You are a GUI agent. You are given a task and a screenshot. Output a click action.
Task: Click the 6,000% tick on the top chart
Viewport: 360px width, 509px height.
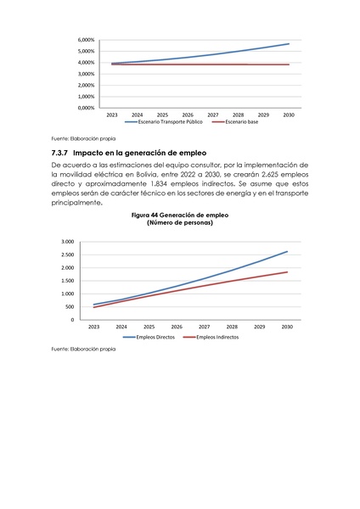tap(85, 40)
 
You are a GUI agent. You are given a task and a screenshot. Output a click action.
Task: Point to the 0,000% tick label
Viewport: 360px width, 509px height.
tap(85, 108)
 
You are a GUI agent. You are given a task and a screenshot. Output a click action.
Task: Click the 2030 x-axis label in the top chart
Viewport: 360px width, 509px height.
tap(288, 115)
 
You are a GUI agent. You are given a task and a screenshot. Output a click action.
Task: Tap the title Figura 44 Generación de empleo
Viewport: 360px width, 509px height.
tap(180, 215)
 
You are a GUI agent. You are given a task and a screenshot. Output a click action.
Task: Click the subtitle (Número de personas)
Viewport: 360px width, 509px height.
tap(180, 223)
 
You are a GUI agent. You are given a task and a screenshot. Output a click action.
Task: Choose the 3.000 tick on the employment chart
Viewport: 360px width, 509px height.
tap(67, 242)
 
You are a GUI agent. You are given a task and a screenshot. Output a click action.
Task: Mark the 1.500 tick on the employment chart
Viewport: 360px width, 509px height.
tap(67, 281)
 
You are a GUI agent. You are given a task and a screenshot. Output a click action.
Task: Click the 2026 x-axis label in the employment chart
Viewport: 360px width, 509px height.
tap(177, 327)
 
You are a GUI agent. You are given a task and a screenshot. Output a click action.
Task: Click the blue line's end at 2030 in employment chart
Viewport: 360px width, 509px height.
tap(288, 251)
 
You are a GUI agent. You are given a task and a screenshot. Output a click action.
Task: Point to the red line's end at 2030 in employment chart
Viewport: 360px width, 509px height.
tap(288, 272)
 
